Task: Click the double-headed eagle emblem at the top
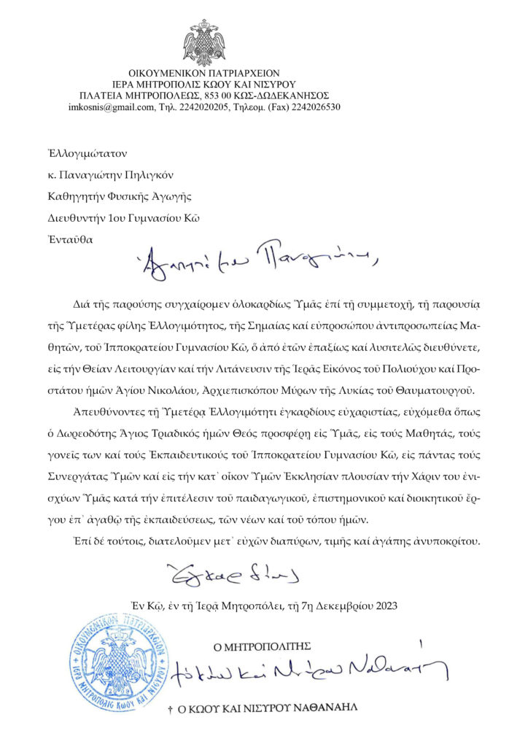[x=203, y=43]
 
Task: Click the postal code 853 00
[x=221, y=96]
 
